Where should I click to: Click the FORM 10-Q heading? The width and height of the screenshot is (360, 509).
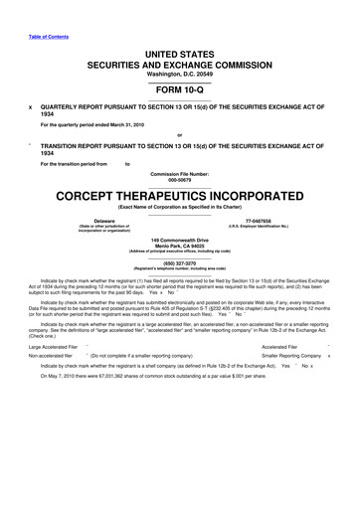179,84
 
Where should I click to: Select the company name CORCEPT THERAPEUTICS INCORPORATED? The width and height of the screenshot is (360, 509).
179,194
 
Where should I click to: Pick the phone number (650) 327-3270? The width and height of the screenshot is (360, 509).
179,263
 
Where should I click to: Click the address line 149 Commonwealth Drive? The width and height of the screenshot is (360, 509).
179,240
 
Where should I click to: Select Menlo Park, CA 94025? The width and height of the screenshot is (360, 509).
179,246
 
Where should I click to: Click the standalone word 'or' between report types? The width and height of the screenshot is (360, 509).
179,134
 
